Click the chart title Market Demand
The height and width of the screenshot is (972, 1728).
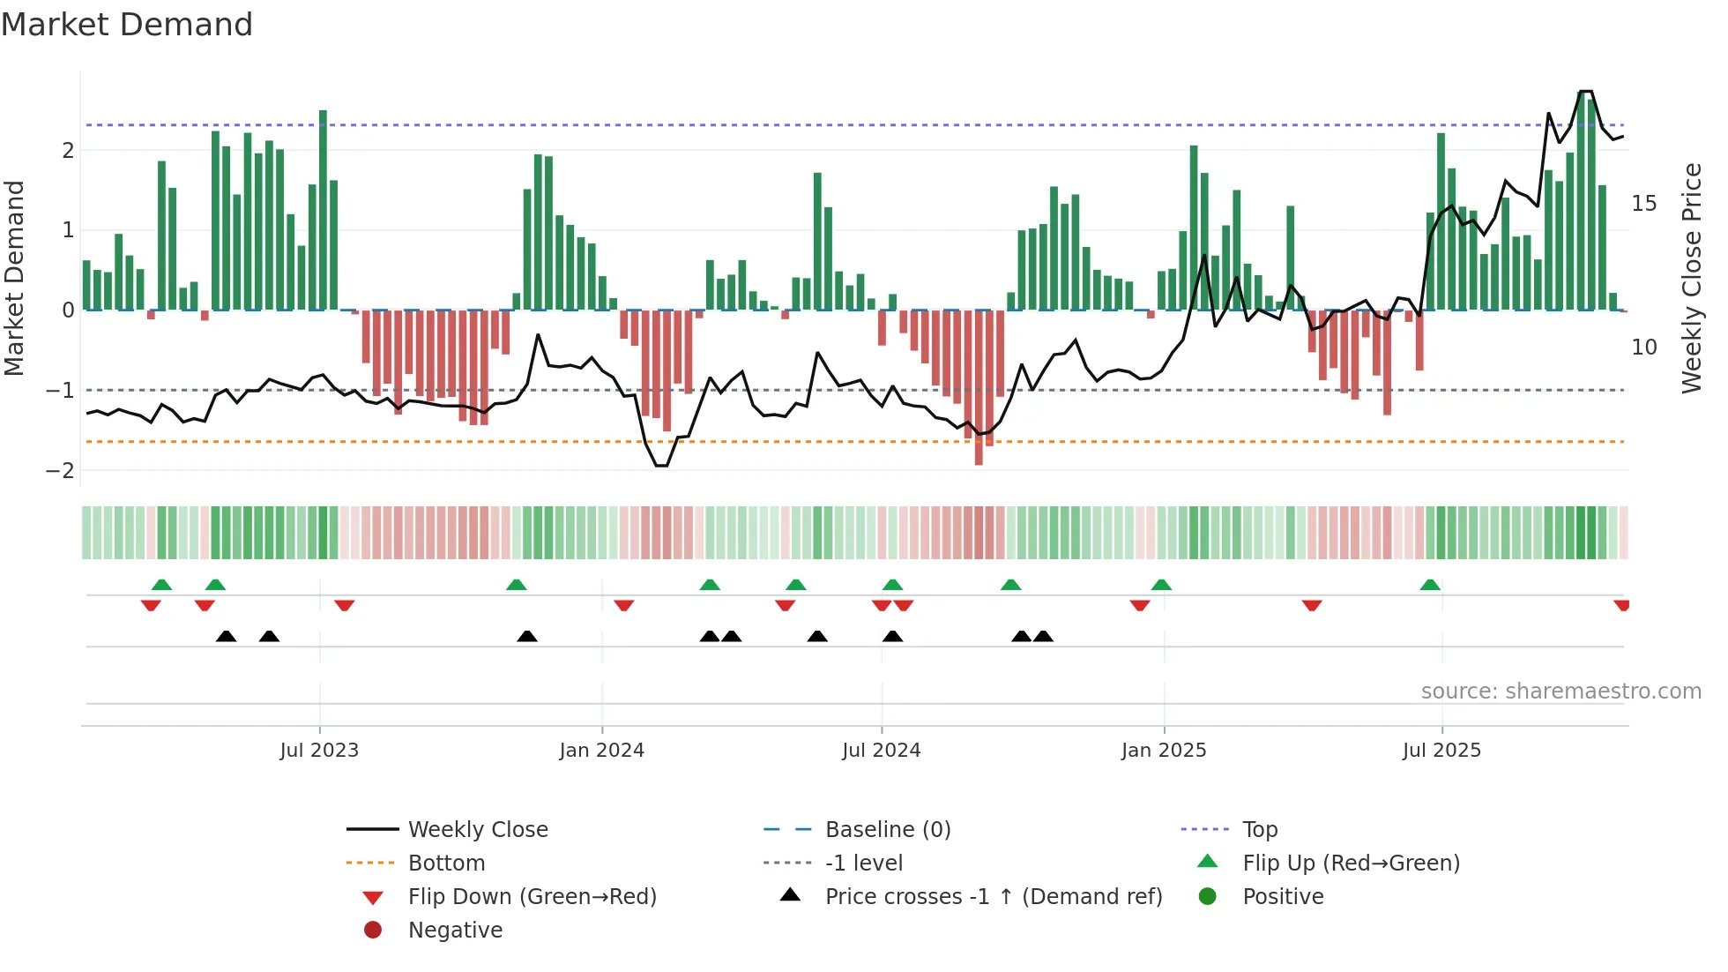(x=127, y=25)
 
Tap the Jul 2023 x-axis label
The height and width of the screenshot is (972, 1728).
(x=319, y=751)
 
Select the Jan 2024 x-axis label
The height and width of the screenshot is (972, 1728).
(x=601, y=751)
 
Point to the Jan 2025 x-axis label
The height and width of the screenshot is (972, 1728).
(x=1163, y=751)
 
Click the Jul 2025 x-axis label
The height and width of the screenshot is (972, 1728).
(x=1441, y=751)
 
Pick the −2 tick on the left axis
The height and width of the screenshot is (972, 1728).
(x=60, y=470)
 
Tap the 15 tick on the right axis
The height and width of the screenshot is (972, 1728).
(x=1643, y=204)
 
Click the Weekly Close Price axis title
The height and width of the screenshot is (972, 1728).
(x=1691, y=278)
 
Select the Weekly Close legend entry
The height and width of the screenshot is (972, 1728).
(x=477, y=830)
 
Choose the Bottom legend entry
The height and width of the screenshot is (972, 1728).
(x=446, y=864)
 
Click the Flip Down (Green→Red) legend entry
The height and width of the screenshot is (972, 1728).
(x=532, y=897)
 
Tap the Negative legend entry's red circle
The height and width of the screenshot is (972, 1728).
(x=373, y=931)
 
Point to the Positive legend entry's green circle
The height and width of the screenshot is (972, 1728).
(x=1208, y=897)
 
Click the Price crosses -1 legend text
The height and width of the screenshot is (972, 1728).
(x=993, y=897)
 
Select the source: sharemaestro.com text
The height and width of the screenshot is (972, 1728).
(x=1560, y=692)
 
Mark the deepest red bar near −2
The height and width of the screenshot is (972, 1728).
(x=979, y=388)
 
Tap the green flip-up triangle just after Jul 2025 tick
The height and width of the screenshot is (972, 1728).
(x=1430, y=585)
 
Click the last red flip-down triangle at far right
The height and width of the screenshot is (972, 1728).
(x=1621, y=605)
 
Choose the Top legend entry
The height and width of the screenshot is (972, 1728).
(x=1259, y=830)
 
